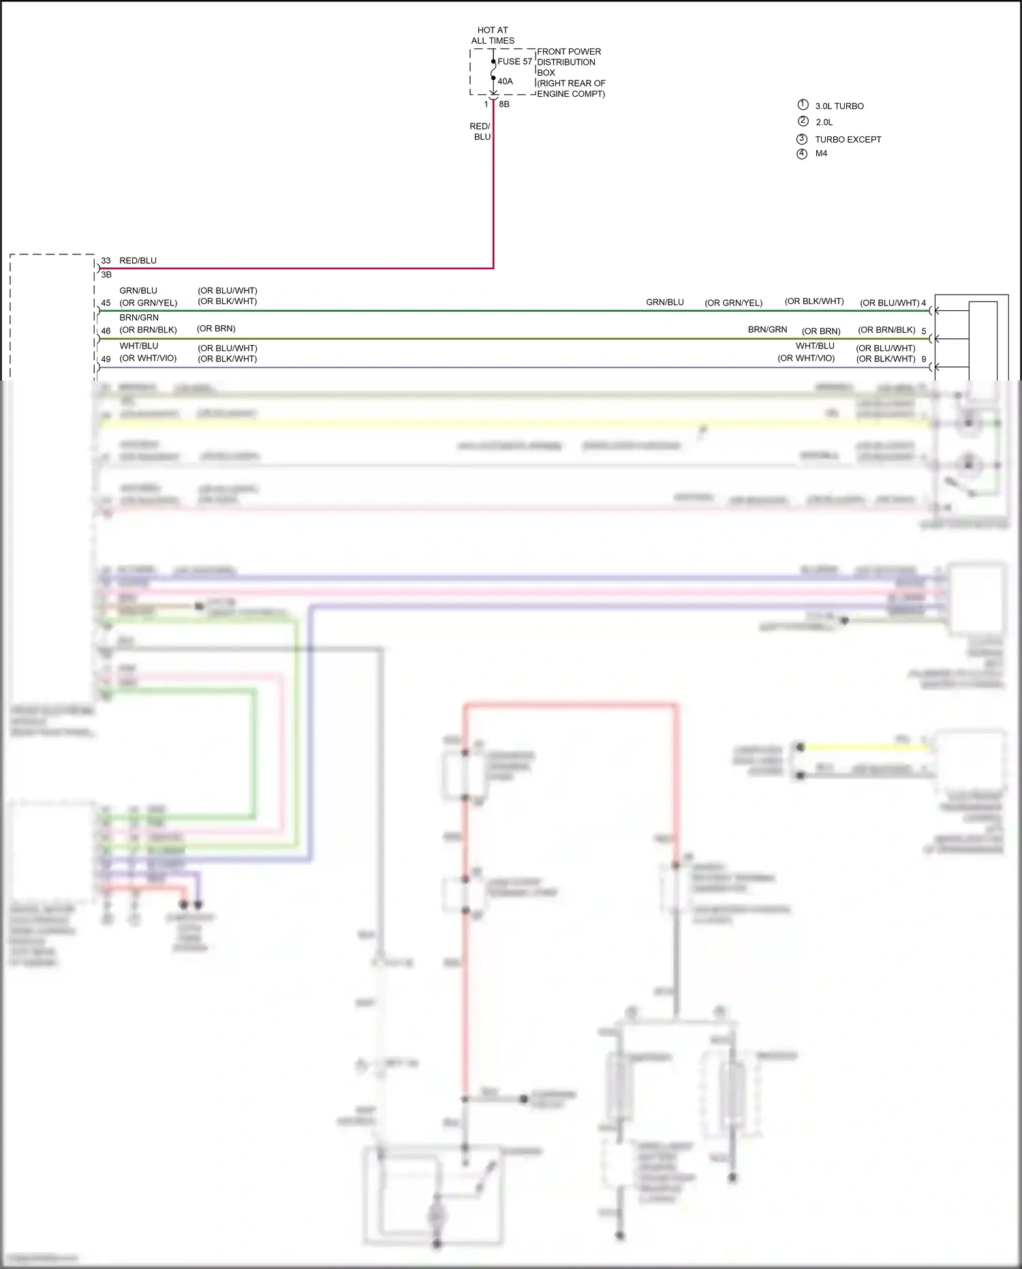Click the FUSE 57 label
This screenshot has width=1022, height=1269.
pyautogui.click(x=514, y=61)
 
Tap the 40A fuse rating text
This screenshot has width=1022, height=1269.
pyautogui.click(x=505, y=82)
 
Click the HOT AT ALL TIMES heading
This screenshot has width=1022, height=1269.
pyautogui.click(x=493, y=35)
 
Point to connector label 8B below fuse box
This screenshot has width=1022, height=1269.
pyautogui.click(x=504, y=104)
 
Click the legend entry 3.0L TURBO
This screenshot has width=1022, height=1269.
pyautogui.click(x=839, y=106)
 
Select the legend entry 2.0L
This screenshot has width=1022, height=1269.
pyautogui.click(x=824, y=123)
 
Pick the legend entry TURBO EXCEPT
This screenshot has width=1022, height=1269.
pyautogui.click(x=848, y=140)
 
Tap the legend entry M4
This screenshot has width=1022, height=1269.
pyautogui.click(x=821, y=153)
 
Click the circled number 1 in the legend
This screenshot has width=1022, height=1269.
pyautogui.click(x=803, y=105)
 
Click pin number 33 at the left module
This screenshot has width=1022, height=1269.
pyautogui.click(x=106, y=260)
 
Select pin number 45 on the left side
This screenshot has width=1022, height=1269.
pyautogui.click(x=106, y=303)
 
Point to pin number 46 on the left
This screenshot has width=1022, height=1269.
pyautogui.click(x=106, y=331)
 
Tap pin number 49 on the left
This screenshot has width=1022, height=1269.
pyautogui.click(x=106, y=359)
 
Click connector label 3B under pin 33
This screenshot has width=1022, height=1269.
pyautogui.click(x=106, y=275)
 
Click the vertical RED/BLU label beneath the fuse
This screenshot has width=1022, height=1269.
pyautogui.click(x=480, y=132)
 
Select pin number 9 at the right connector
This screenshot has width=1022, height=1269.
pyautogui.click(x=924, y=359)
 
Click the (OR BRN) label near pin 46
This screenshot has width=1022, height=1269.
pyautogui.click(x=216, y=329)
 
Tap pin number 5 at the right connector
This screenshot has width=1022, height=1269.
pyautogui.click(x=924, y=331)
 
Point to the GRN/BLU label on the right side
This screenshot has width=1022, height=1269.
pyautogui.click(x=664, y=302)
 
